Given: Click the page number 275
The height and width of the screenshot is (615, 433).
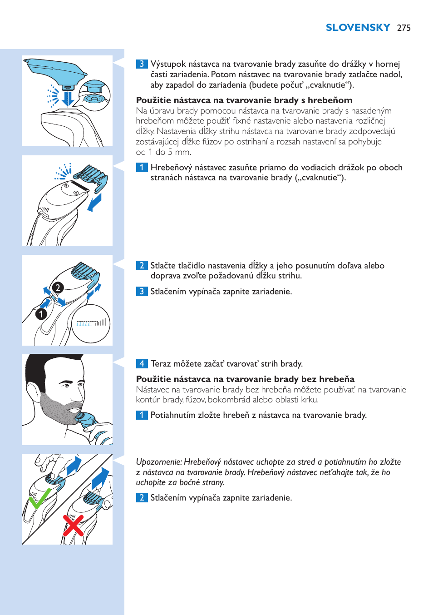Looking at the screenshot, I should (403, 28).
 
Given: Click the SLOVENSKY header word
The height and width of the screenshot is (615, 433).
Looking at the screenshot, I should (358, 28).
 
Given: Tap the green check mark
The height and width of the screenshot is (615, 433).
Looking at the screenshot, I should (40, 499).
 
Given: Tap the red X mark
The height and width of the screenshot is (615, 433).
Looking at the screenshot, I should (73, 525).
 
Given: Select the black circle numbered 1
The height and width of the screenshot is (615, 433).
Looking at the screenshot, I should (41, 314).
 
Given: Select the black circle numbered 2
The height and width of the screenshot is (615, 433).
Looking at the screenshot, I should (58, 288).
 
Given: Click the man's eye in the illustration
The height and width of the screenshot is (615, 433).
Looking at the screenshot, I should (67, 385).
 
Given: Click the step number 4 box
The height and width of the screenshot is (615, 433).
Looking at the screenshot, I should (142, 363).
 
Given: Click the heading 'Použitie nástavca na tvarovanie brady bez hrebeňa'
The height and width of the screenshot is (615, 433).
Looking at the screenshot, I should (245, 379).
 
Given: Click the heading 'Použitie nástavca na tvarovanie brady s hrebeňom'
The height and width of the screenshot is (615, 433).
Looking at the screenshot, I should (244, 100).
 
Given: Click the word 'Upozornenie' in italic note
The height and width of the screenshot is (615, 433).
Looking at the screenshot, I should (158, 462).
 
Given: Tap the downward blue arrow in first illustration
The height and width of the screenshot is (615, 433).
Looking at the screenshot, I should (68, 98).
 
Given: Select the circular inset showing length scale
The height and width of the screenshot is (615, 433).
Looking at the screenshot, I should (91, 323).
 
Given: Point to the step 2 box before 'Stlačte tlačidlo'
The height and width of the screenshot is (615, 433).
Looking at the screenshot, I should (142, 265).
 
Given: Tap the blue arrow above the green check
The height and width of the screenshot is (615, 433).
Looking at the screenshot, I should (74, 466).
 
